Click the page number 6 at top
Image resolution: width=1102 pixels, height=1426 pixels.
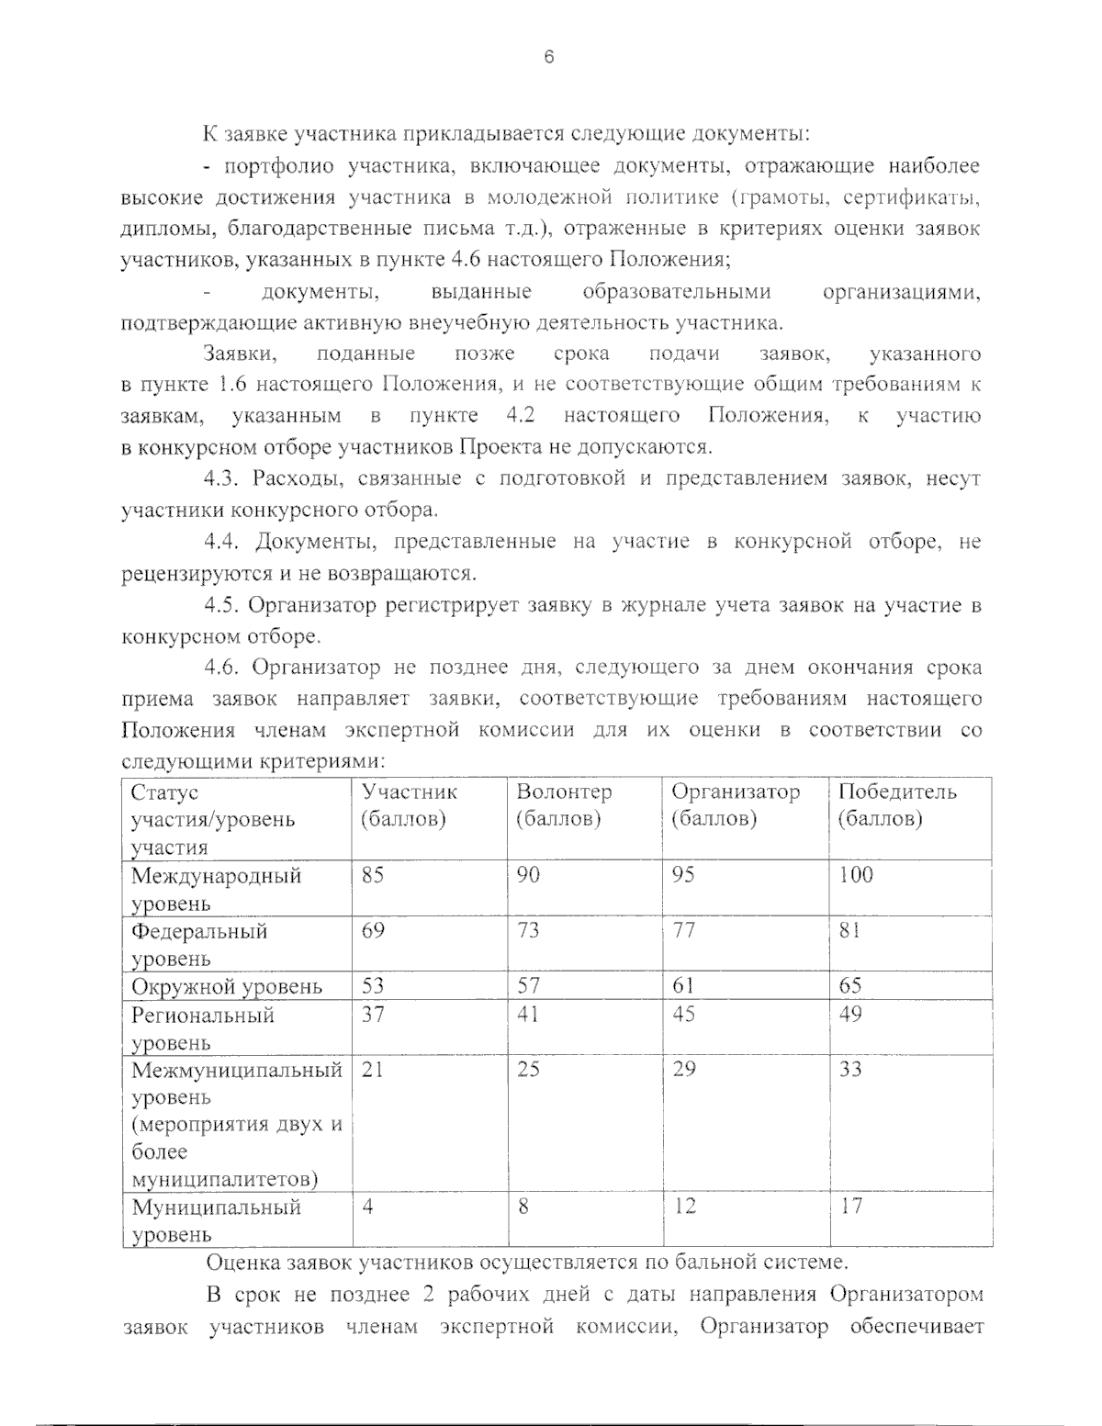[549, 57]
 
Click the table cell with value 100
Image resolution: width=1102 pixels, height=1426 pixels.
[855, 875]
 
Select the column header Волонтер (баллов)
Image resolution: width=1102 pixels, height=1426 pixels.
[563, 805]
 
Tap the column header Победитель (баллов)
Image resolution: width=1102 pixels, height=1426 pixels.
[896, 805]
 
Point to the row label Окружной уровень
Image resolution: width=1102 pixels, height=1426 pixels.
[226, 987]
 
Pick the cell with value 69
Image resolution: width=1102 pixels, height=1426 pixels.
[373, 931]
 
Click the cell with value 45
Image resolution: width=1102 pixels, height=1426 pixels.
[683, 1015]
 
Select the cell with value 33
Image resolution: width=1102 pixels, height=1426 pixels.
[850, 1070]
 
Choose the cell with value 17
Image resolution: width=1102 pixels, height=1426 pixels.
[850, 1207]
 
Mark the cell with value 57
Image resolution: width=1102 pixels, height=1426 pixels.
[528, 987]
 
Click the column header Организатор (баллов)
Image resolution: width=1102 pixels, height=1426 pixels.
[735, 805]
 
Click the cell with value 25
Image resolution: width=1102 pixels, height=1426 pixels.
[528, 1070]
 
